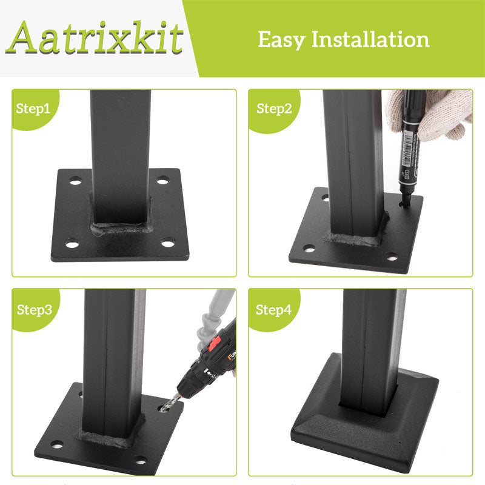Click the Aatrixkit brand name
(97, 38)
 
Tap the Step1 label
(33, 109)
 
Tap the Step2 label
(274, 109)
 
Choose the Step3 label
(34, 310)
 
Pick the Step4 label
(273, 310)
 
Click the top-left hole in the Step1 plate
(75, 181)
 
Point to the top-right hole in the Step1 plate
(162, 180)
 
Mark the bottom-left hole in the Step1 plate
(72, 245)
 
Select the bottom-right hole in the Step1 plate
(168, 244)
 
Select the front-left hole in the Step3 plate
(56, 445)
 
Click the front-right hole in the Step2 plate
(392, 256)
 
